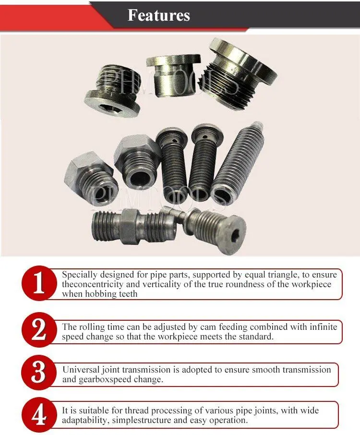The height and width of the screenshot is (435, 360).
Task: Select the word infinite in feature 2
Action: [x=321, y=326]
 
